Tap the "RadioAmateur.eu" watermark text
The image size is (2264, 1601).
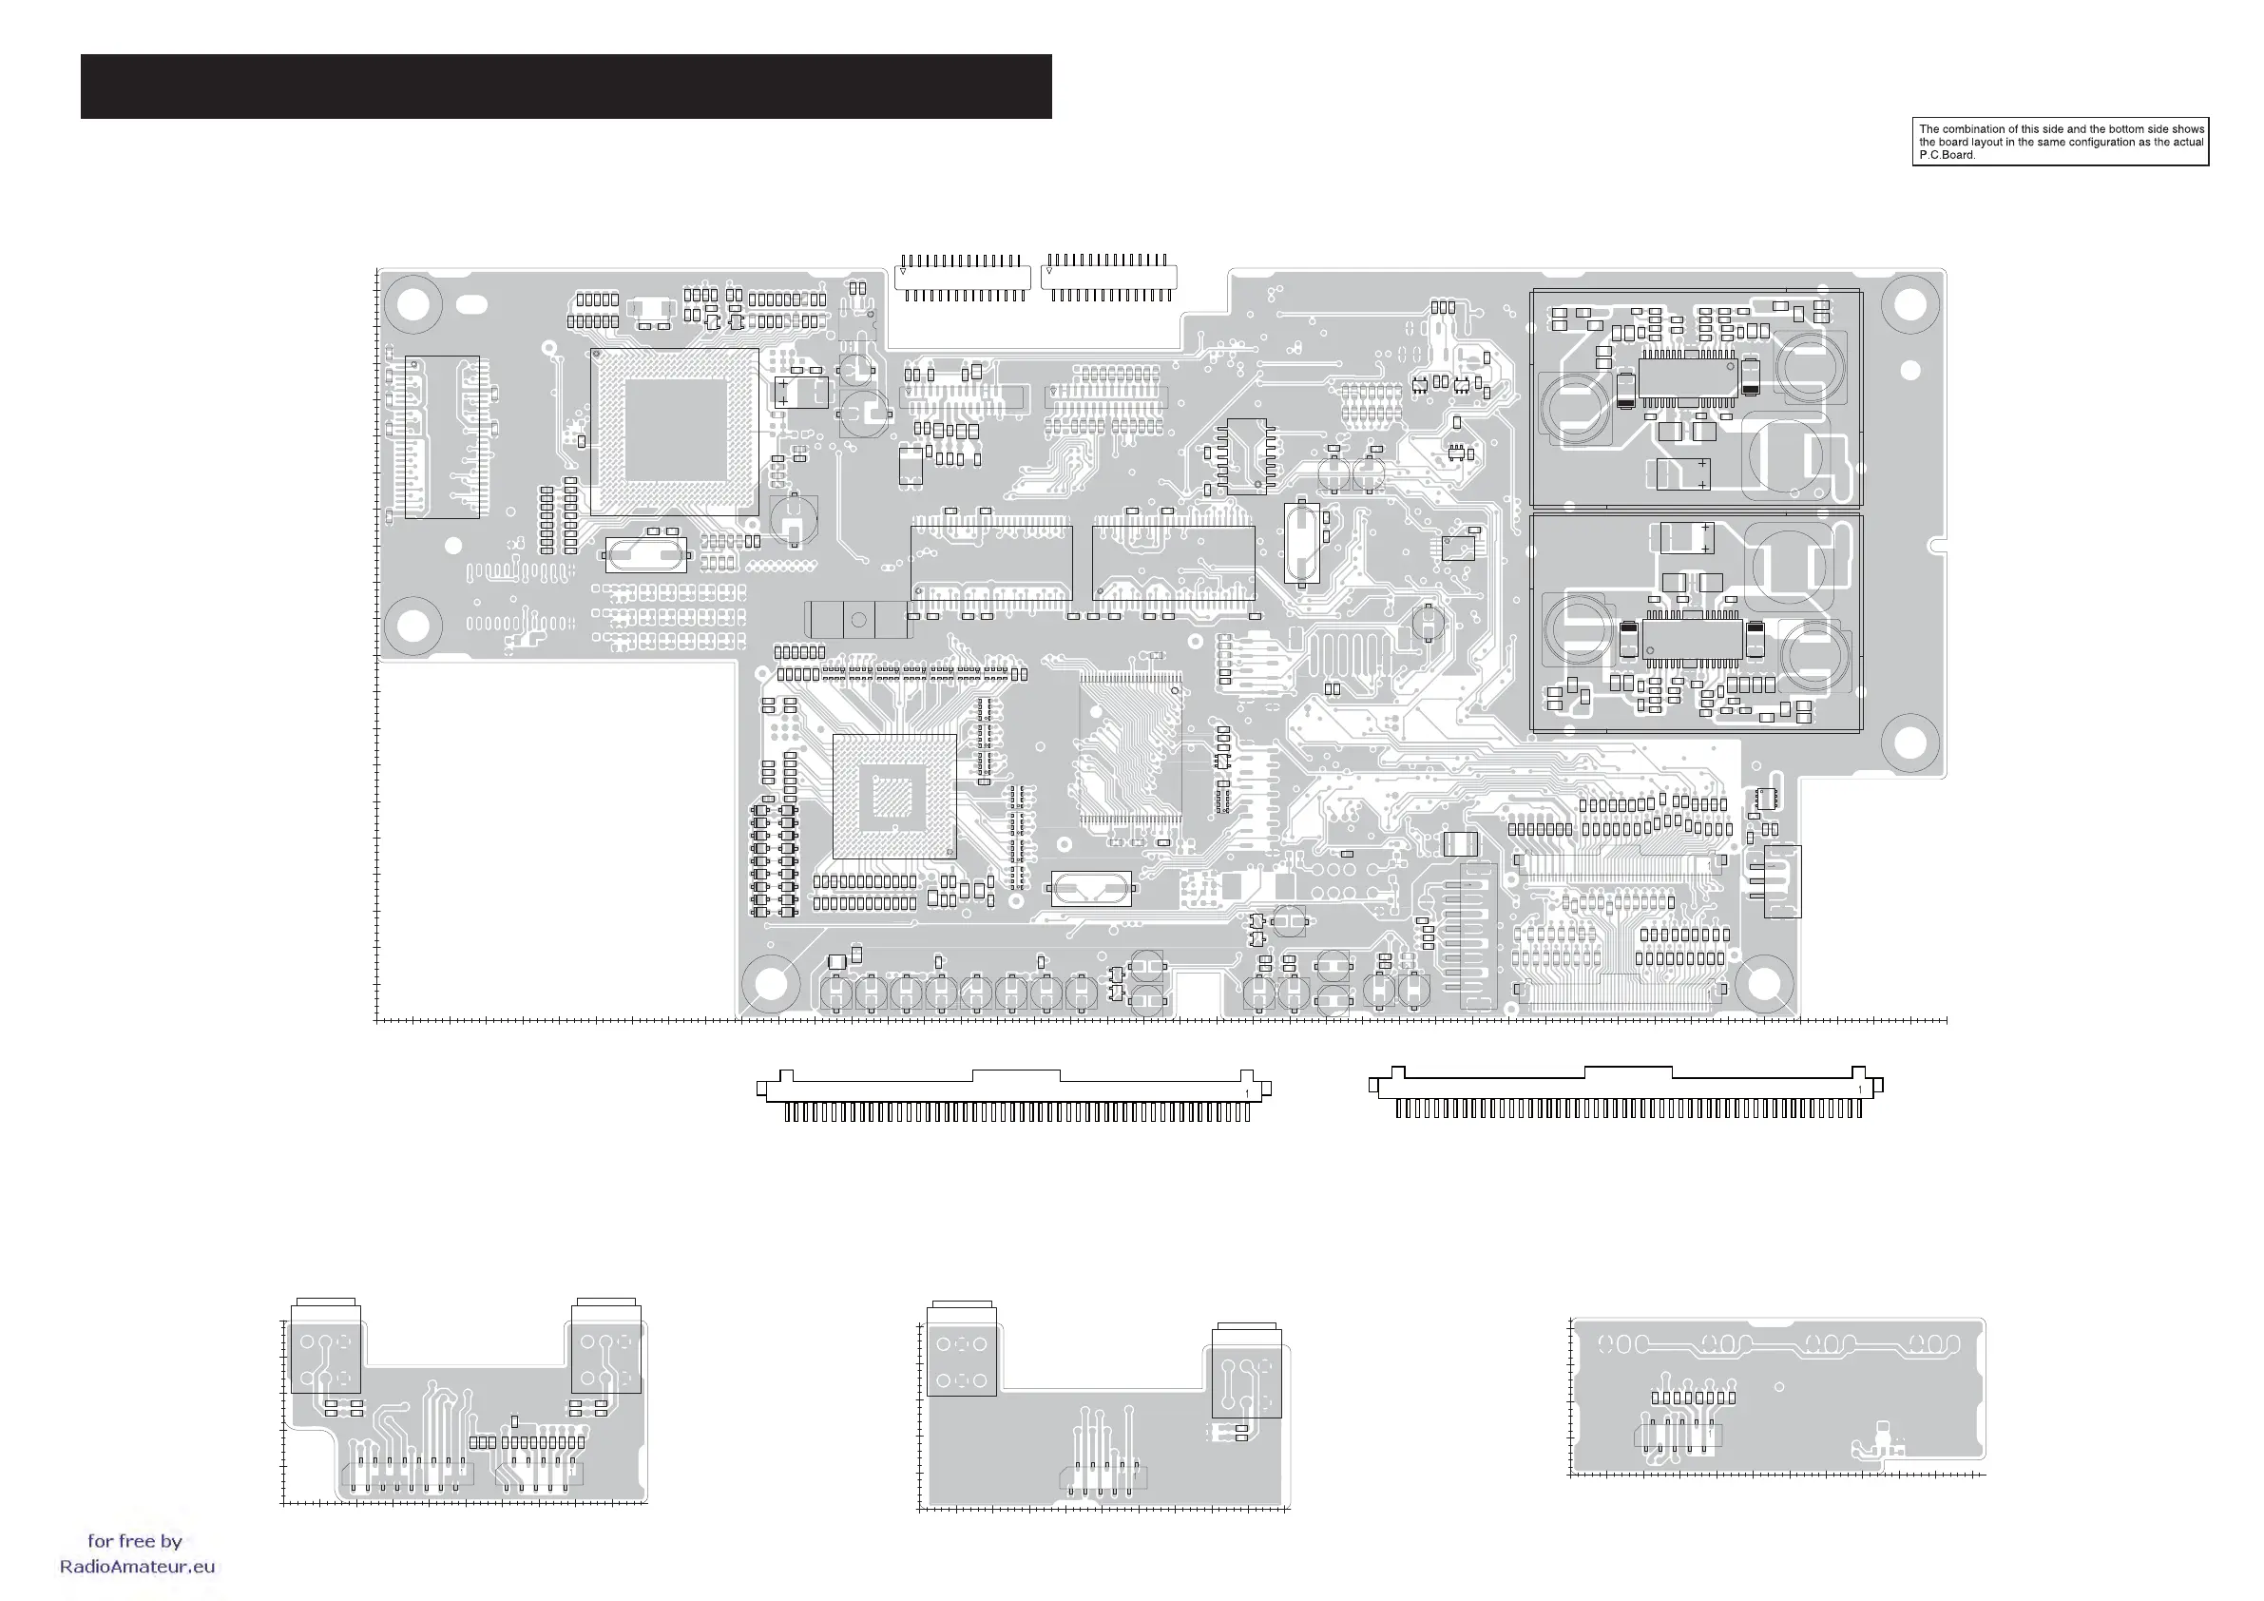[137, 1567]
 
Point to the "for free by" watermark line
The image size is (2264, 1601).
[135, 1541]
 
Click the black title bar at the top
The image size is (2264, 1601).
[566, 87]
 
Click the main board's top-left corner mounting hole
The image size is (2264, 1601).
[413, 303]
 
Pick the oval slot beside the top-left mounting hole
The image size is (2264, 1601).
[472, 304]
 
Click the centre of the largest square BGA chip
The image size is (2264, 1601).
[675, 431]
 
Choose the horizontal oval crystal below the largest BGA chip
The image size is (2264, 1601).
[646, 555]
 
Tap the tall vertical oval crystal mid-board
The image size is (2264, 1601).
[1301, 544]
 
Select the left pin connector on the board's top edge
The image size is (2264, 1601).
[963, 278]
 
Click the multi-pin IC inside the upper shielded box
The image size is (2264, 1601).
[1687, 378]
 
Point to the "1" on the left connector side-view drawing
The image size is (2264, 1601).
[1247, 1094]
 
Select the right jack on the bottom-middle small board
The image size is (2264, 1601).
[1246, 1374]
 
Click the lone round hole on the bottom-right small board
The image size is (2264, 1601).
[1779, 1387]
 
